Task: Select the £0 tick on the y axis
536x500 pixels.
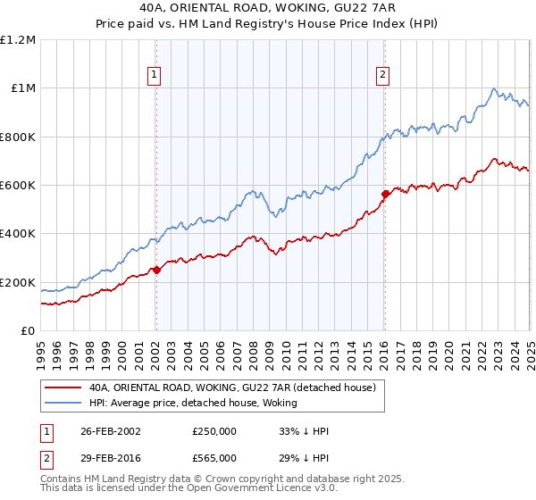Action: (28, 330)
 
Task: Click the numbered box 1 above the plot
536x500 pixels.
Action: (155, 76)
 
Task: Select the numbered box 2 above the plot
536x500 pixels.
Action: (382, 76)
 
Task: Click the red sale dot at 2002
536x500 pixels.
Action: (156, 270)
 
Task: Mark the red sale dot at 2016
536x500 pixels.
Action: (385, 193)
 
